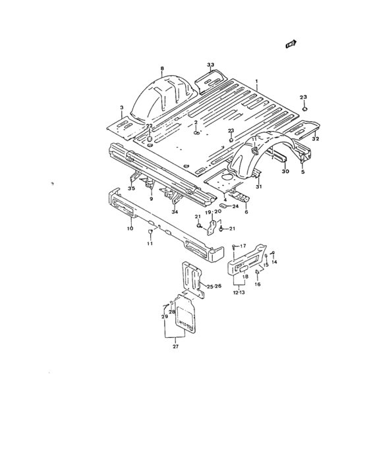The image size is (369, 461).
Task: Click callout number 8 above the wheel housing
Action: click(161, 68)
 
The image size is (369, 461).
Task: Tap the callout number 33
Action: click(211, 65)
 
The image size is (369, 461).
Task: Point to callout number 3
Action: click(121, 107)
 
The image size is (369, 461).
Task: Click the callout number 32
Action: click(316, 140)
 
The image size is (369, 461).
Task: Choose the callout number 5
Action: click(302, 173)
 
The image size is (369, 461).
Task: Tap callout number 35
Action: click(131, 189)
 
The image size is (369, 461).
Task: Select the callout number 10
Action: click(130, 229)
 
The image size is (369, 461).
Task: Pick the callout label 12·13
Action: click(239, 292)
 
